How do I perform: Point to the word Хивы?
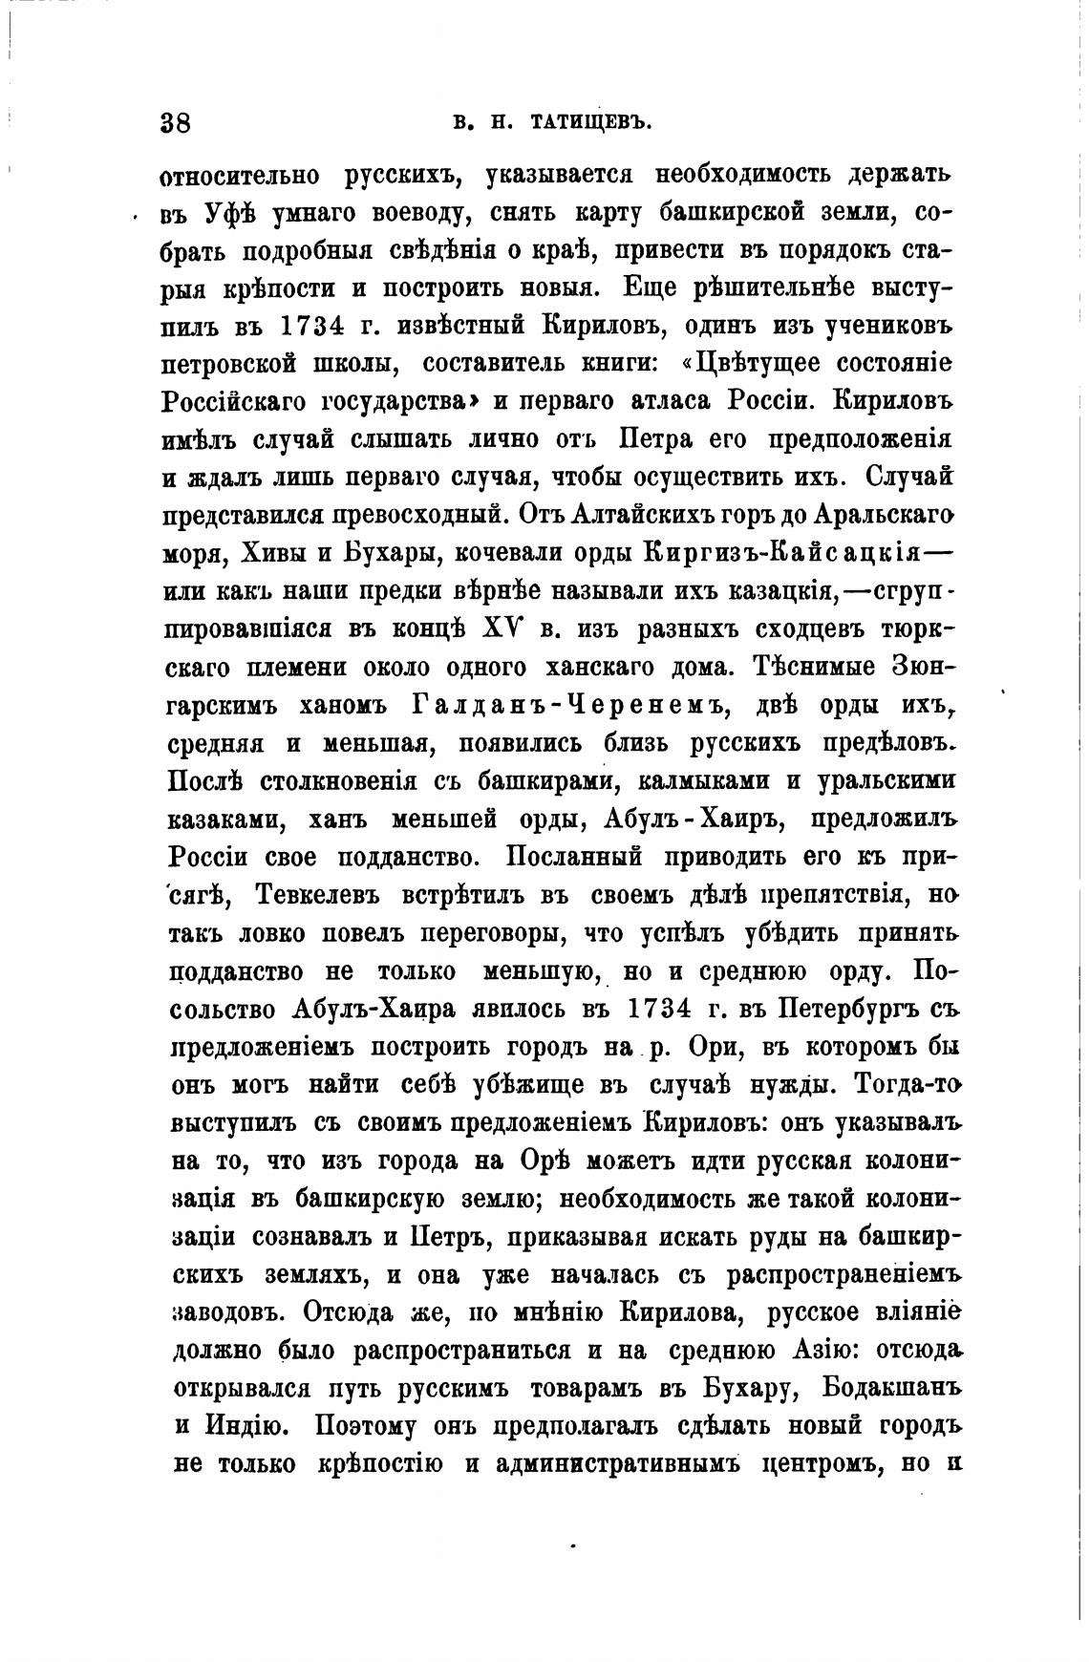point(287,553)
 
